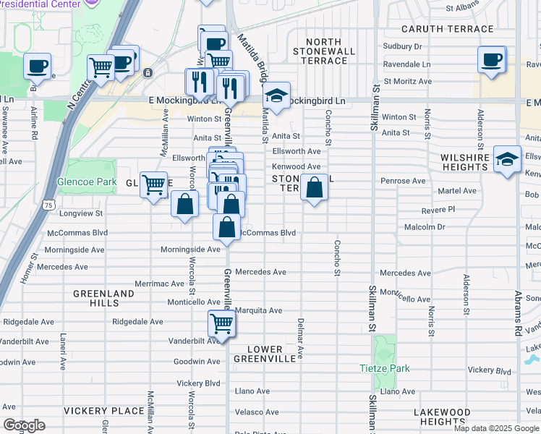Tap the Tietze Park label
pyautogui.click(x=385, y=368)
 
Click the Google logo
pyautogui.click(x=24, y=425)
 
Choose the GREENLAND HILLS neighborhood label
pyautogui.click(x=103, y=299)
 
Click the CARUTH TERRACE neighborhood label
pyautogui.click(x=448, y=30)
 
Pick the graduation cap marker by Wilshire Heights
pyautogui.click(x=508, y=158)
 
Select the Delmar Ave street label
pyautogui.click(x=299, y=339)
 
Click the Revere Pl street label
pyautogui.click(x=438, y=209)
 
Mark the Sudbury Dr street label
pyautogui.click(x=403, y=46)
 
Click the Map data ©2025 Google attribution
pyautogui.click(x=496, y=428)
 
